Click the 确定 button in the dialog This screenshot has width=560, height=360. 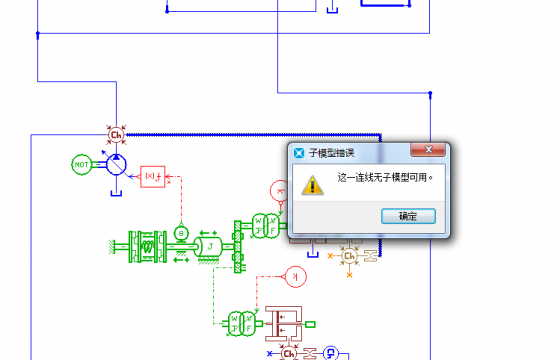click(x=408, y=216)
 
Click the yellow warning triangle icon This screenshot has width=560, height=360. click(x=314, y=184)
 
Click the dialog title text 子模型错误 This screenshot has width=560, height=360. click(x=332, y=153)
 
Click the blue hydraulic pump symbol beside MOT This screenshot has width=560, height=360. click(x=116, y=164)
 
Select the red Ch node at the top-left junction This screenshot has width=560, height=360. click(x=116, y=133)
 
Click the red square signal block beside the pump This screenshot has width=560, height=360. click(x=153, y=177)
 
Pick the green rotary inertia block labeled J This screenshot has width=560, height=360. click(x=211, y=245)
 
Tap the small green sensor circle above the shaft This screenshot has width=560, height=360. click(x=181, y=232)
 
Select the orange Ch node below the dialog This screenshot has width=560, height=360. click(x=350, y=256)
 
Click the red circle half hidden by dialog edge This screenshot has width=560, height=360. click(x=280, y=190)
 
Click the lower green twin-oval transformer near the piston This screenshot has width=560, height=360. click(x=238, y=322)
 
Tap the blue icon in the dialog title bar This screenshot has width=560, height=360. click(x=298, y=153)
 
